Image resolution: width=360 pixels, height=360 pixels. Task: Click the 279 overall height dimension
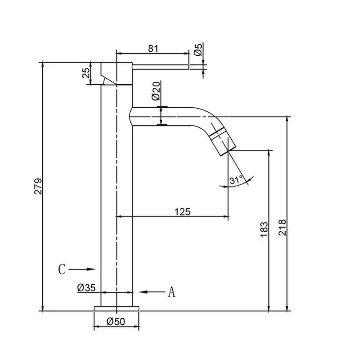[38, 186]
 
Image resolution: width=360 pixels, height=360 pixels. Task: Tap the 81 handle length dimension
[153, 48]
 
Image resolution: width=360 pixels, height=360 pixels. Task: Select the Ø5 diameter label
[198, 50]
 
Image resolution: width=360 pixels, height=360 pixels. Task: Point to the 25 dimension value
[87, 73]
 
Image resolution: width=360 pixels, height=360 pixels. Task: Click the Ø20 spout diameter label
[156, 91]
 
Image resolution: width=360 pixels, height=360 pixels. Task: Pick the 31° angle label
[236, 180]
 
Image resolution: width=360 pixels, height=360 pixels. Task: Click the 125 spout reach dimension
[183, 212]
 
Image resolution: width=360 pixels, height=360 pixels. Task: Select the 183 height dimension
[264, 230]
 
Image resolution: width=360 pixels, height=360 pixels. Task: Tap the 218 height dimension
[282, 227]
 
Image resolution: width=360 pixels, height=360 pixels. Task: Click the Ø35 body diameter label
[87, 287]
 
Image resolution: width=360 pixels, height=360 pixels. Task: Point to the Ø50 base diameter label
[116, 321]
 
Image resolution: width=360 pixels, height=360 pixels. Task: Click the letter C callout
[62, 269]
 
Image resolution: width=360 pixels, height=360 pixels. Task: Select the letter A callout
[171, 292]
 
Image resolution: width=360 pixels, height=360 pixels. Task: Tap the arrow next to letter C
[82, 269]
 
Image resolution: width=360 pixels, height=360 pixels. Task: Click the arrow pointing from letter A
[152, 292]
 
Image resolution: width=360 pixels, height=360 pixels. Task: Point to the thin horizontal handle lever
[160, 67]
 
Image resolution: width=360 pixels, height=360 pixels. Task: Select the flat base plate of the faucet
[117, 309]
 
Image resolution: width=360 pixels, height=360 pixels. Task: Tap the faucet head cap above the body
[117, 73]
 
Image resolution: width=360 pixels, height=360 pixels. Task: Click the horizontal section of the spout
[161, 117]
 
